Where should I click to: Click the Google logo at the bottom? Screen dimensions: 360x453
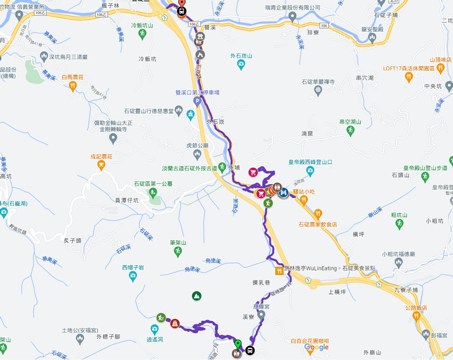pos(316,348)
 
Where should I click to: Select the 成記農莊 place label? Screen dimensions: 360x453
pos(102,157)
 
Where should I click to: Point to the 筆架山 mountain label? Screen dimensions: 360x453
pos(178,242)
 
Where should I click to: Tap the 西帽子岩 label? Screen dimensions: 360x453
pos(133,268)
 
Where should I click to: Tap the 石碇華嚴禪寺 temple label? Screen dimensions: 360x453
pos(318,81)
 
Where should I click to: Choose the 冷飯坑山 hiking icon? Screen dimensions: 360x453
pos(143,34)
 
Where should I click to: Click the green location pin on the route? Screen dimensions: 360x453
pos(238,344)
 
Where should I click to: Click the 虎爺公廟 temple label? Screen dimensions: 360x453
pos(198,146)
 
